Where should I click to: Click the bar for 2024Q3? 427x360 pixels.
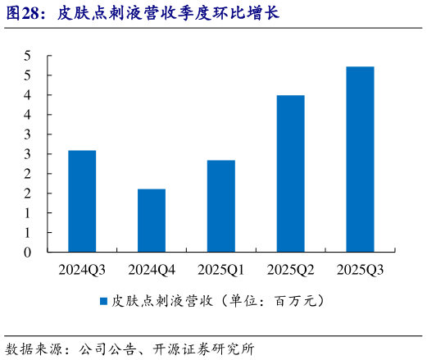pyautogui.click(x=82, y=201)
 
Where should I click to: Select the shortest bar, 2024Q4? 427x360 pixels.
pyautogui.click(x=152, y=220)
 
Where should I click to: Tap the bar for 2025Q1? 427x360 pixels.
pyautogui.click(x=221, y=206)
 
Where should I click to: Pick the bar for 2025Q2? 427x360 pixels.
pyautogui.click(x=290, y=173)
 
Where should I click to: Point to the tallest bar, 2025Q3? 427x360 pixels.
pyautogui.click(x=360, y=159)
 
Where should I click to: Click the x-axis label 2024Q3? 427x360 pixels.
pyautogui.click(x=82, y=269)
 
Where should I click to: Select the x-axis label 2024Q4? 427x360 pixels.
pyautogui.click(x=152, y=269)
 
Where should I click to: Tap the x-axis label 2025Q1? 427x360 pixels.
pyautogui.click(x=221, y=269)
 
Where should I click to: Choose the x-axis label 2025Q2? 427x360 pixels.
pyautogui.click(x=290, y=269)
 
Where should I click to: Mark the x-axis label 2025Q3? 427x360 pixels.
pyautogui.click(x=360, y=269)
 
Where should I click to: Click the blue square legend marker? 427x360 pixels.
pyautogui.click(x=103, y=301)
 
